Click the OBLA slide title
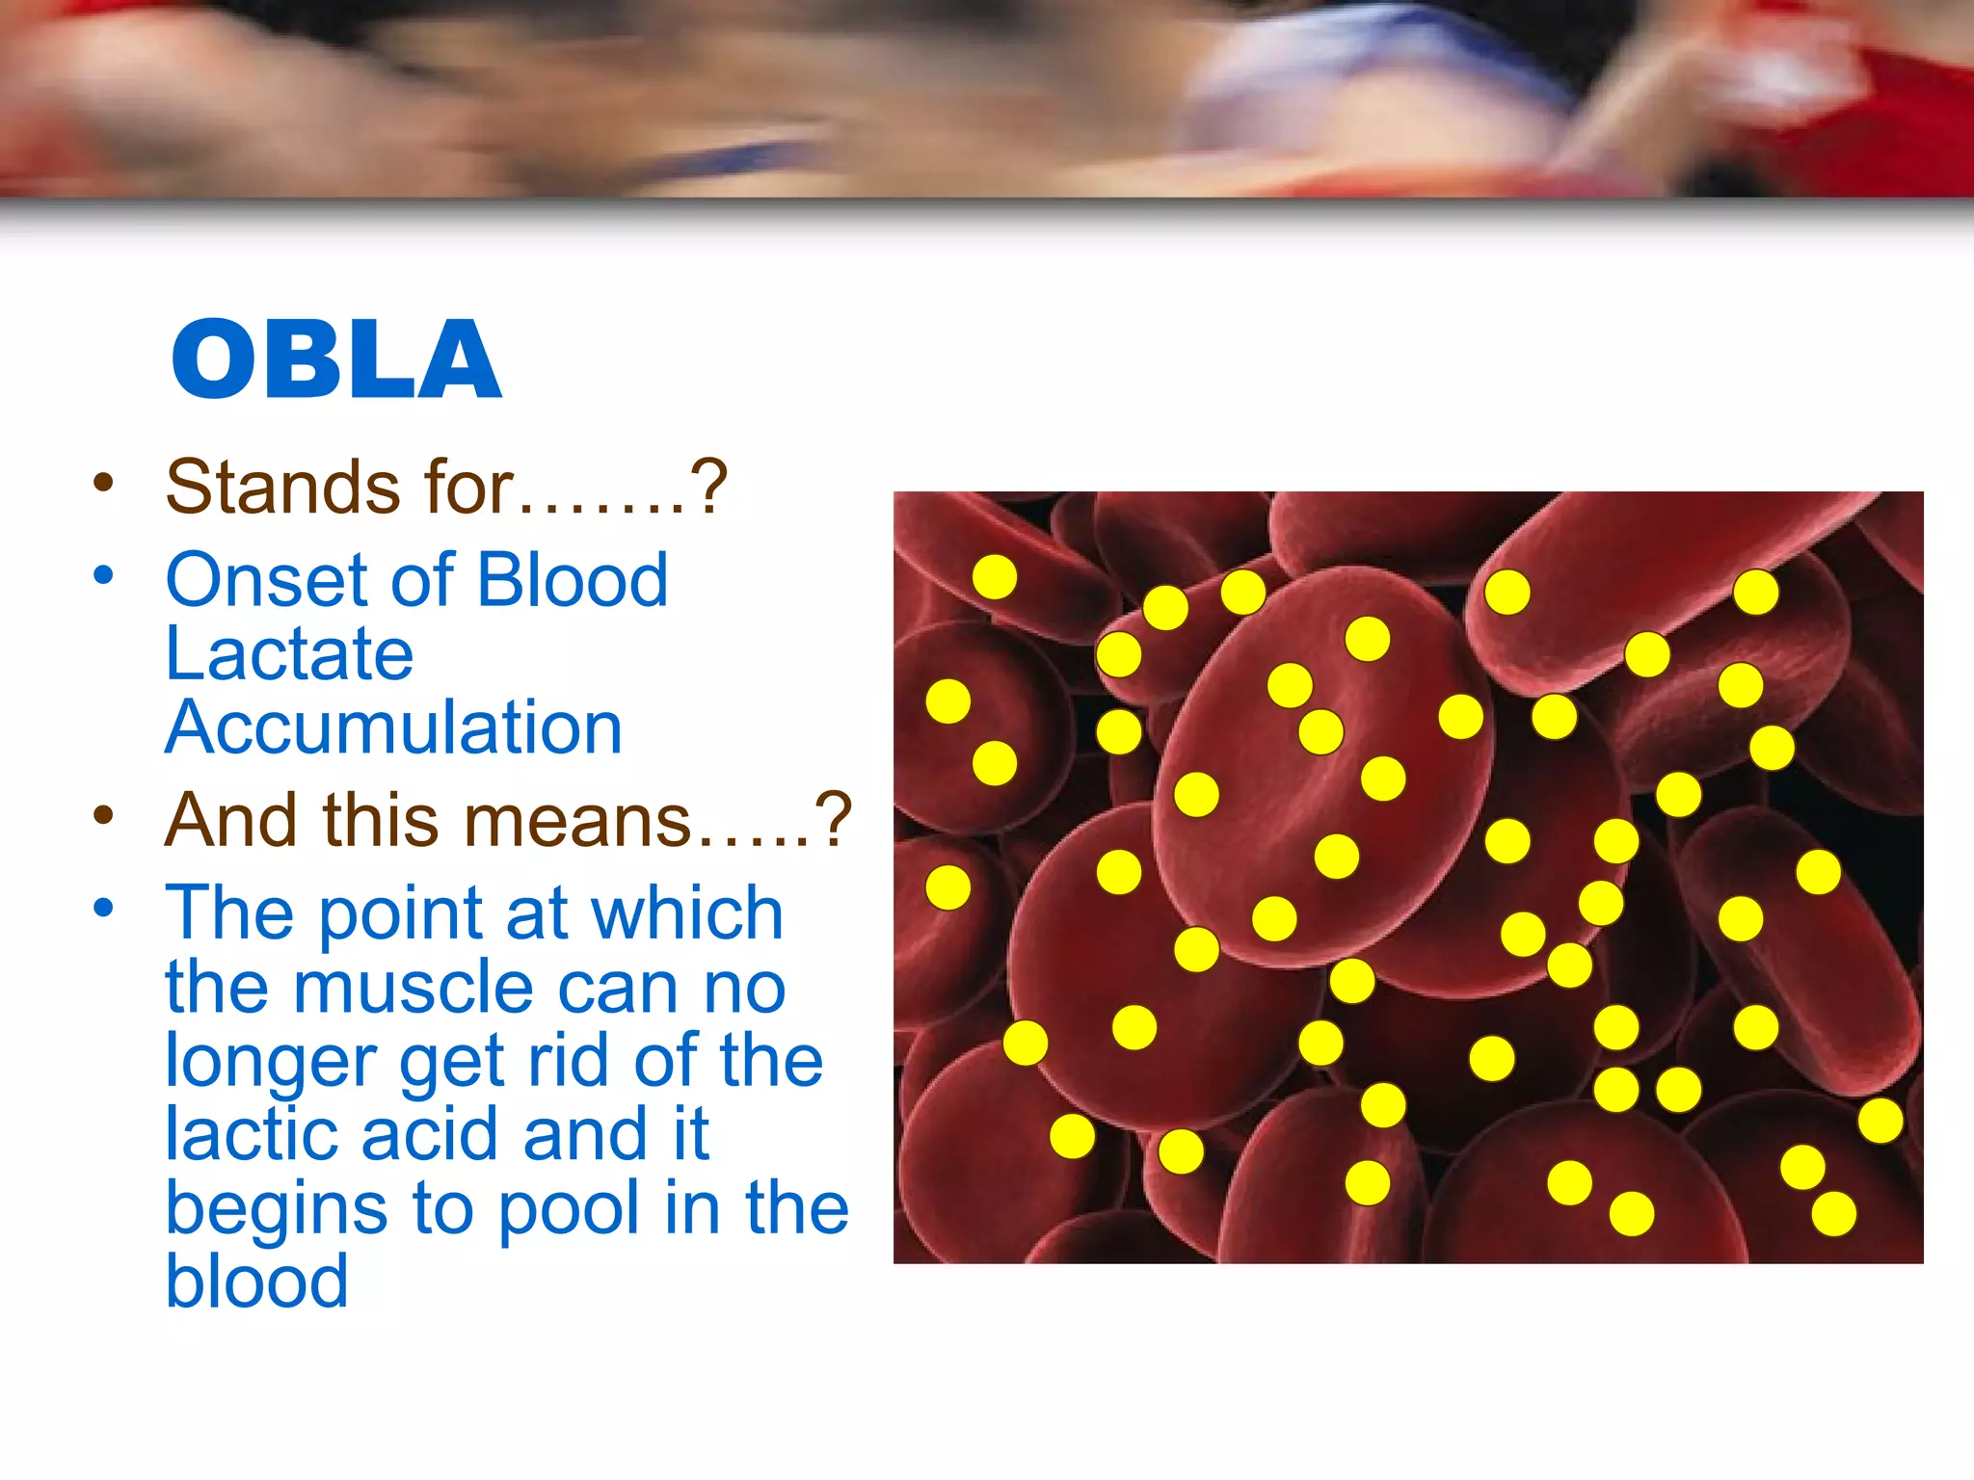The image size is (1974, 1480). [336, 358]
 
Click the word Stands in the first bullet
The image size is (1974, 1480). [282, 488]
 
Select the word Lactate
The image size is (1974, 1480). [289, 654]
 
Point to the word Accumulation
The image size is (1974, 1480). [394, 727]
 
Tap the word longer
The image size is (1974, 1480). [270, 1063]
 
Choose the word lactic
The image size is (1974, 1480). [251, 1134]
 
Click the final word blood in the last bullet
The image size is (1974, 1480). [256, 1282]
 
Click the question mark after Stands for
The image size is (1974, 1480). [709, 488]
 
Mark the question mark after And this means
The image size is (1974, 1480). [835, 821]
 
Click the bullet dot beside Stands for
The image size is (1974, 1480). [104, 482]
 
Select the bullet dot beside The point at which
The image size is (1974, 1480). [104, 908]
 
